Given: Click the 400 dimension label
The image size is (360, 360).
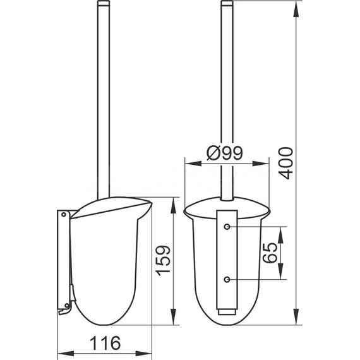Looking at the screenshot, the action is click(286, 163).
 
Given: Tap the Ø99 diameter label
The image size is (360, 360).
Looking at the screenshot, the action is click(225, 153).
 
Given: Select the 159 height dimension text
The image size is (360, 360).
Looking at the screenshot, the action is click(163, 260).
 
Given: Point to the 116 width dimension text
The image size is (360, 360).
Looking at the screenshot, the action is click(105, 343).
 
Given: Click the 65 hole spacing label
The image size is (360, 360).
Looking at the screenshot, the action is click(270, 253).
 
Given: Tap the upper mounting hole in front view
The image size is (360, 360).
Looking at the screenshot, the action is click(227, 227).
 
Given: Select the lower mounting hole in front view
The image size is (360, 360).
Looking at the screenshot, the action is click(227, 279).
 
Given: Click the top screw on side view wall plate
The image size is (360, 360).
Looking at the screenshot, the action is click(64, 215).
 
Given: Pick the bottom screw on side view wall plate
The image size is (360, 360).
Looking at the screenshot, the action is click(67, 305).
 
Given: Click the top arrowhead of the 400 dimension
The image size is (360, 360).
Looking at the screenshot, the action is click(297, 9).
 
